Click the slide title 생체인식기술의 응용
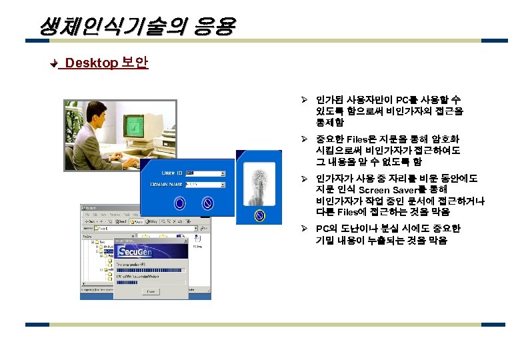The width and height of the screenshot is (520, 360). click(x=137, y=27)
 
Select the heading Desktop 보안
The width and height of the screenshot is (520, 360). click(x=106, y=63)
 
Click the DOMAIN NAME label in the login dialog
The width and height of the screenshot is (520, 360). click(x=167, y=183)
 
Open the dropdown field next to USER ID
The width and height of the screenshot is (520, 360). click(x=205, y=173)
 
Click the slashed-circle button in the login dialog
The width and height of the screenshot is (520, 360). click(x=207, y=202)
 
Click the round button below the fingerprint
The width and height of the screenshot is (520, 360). click(x=259, y=215)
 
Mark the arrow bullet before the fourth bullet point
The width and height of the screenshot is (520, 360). click(x=303, y=229)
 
